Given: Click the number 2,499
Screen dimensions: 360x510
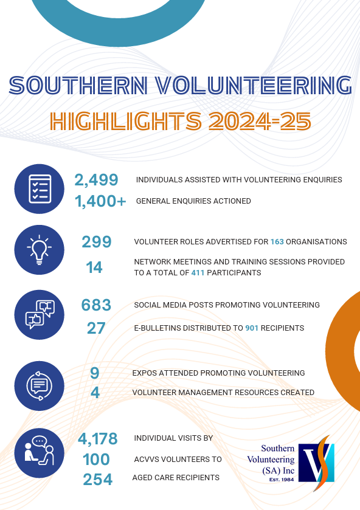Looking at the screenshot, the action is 96,180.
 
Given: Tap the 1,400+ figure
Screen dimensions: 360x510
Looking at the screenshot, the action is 100,201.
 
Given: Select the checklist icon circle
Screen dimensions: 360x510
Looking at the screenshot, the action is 40,189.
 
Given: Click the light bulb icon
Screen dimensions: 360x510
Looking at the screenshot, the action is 40,250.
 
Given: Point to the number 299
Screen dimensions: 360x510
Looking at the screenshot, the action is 97,242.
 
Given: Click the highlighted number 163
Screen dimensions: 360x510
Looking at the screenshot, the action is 277,242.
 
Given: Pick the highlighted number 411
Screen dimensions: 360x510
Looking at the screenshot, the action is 198,272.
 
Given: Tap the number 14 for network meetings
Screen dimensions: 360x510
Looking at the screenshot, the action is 94,267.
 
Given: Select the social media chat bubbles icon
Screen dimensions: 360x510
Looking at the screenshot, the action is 40,315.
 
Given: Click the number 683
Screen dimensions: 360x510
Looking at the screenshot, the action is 96,305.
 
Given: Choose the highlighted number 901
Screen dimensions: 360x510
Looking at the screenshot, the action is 252,328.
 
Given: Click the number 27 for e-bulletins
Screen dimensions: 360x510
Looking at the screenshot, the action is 96,328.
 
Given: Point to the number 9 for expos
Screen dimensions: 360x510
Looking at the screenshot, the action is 95,373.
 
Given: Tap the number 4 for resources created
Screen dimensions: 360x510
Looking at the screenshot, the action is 95,393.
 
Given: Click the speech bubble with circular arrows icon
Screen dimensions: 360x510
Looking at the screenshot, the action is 40,386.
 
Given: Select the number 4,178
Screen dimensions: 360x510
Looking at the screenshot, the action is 98,439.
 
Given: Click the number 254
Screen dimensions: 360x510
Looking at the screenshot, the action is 98,480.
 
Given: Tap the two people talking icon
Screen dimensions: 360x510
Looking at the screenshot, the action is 40,453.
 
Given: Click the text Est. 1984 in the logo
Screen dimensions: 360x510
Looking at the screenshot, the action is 282,480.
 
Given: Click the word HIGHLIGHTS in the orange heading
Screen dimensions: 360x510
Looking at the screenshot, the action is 126,121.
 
